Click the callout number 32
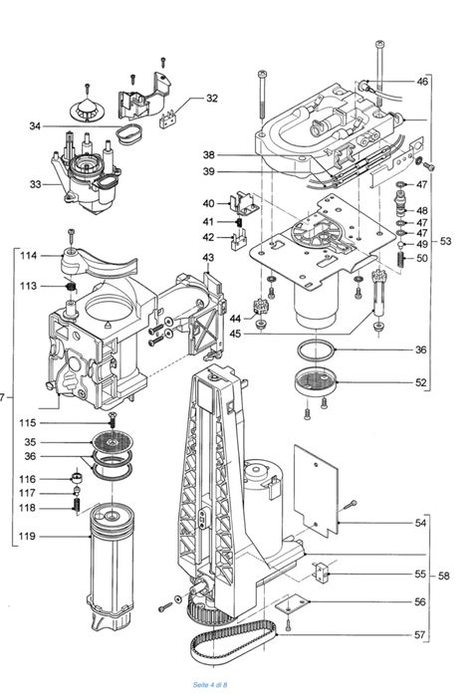pos(212,98)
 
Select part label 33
pos(35,184)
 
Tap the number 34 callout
pos(35,125)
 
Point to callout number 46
pos(421,82)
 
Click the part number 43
pos(208,258)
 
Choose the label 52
pos(421,382)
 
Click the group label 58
pos(444,575)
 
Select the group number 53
pos(444,242)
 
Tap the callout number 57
pos(421,634)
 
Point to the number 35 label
pos(30,442)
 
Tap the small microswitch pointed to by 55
pos(322,573)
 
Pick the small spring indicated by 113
pos(71,289)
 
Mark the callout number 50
pos(421,258)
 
